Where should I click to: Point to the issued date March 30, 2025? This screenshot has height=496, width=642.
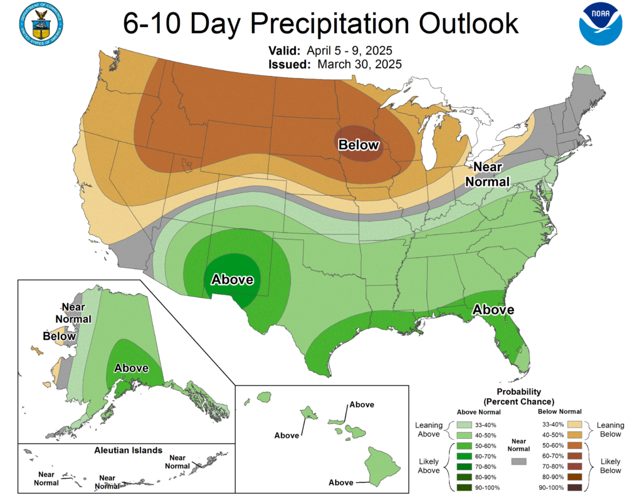click(359, 64)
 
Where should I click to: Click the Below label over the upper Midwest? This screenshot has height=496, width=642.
click(359, 145)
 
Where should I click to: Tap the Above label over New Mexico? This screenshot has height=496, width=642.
click(233, 280)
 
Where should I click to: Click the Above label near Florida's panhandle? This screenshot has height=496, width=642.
click(493, 310)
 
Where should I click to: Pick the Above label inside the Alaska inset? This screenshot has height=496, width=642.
click(131, 368)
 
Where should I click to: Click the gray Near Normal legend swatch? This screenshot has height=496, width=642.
click(518, 461)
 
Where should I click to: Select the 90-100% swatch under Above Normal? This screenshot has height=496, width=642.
click(464, 487)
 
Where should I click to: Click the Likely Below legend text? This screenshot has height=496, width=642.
click(610, 466)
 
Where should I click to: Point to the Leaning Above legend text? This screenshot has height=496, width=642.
click(429, 430)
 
